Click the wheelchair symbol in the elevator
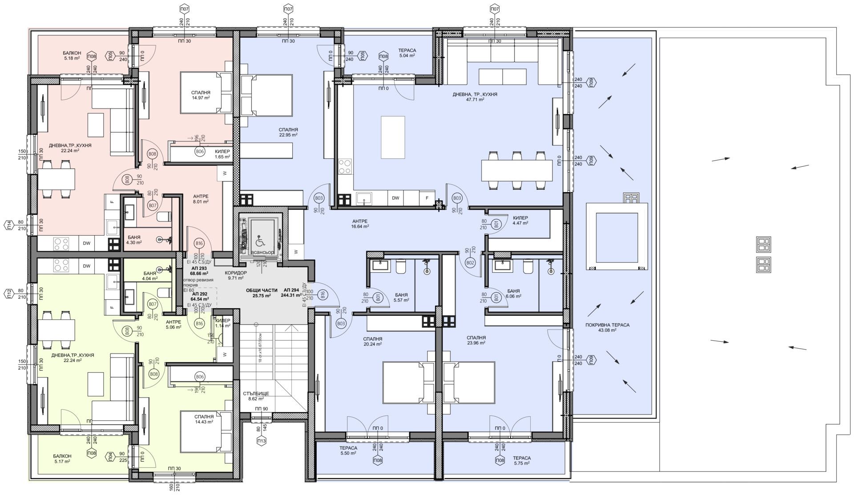click(x=259, y=241)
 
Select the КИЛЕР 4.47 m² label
click(x=520, y=221)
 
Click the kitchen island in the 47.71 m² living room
click(x=393, y=137)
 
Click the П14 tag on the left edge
click(x=9, y=226)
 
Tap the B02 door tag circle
click(x=470, y=263)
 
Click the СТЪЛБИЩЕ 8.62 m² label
click(x=256, y=396)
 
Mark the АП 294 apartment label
click(x=291, y=293)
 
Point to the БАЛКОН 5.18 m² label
click(x=71, y=56)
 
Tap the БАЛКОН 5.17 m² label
click(x=62, y=459)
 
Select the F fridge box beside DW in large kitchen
click(x=427, y=198)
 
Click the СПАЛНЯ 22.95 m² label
click(x=288, y=132)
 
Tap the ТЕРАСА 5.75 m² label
click(x=521, y=460)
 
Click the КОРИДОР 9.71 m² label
click(x=235, y=275)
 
